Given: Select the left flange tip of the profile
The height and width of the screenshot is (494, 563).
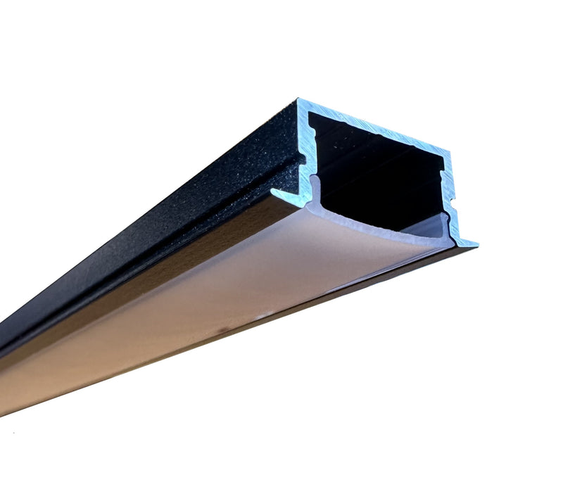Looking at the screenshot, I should (274, 192).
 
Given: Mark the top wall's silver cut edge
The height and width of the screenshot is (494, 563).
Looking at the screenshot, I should (373, 127).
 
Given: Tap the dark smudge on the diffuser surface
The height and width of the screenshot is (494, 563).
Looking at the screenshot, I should (222, 329).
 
